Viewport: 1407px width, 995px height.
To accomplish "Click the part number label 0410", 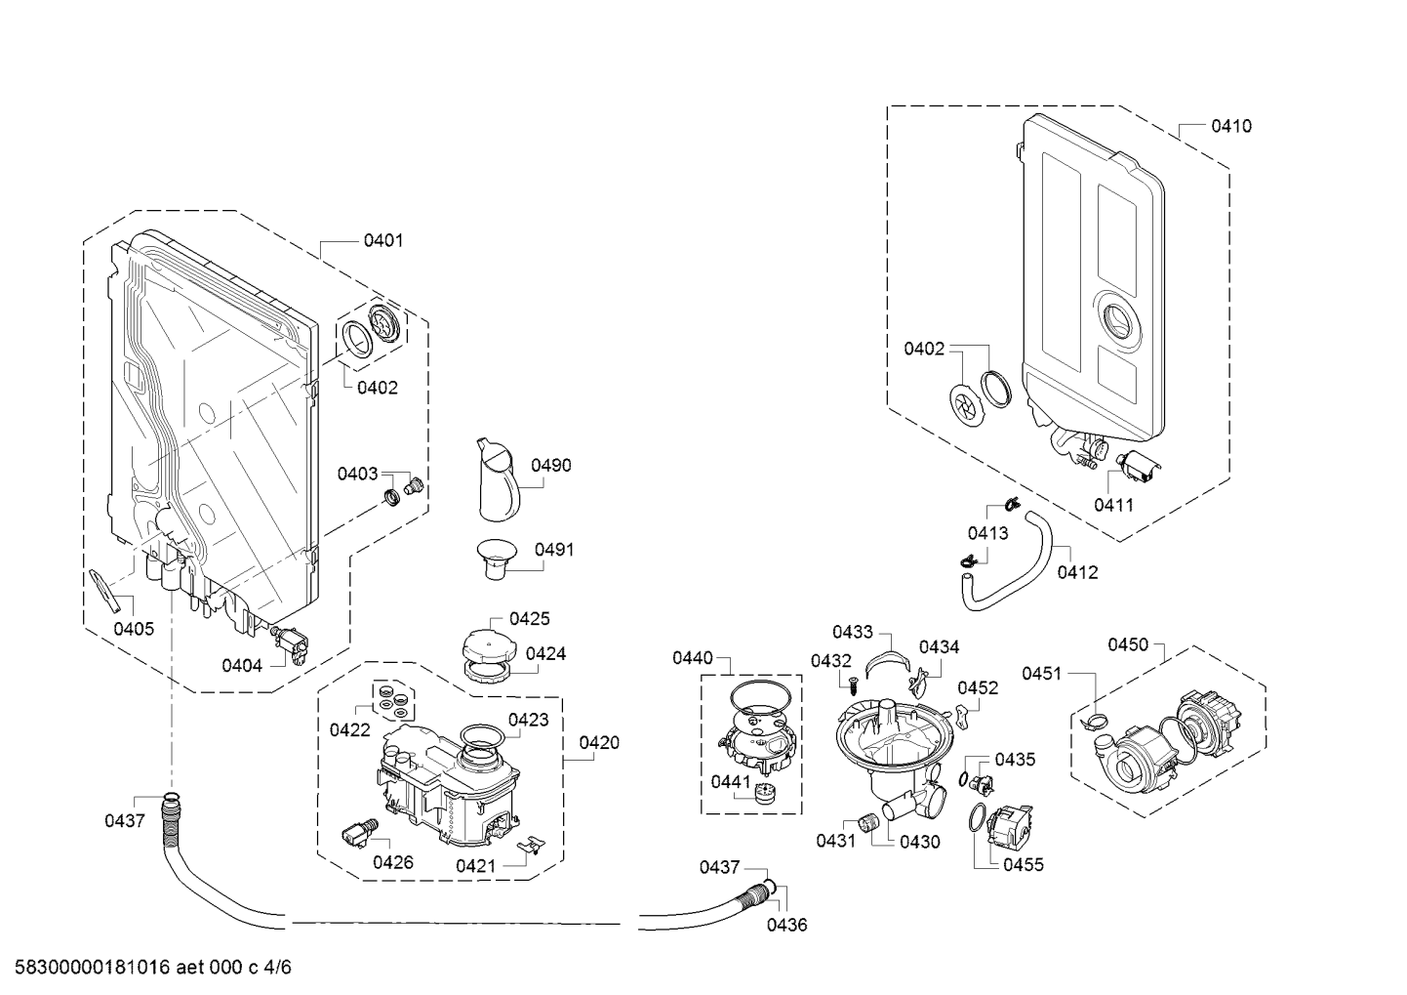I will coord(1231,126).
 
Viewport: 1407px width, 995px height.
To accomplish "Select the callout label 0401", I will coord(383,240).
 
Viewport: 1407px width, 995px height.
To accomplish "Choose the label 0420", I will coord(599,743).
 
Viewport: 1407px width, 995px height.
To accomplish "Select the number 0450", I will coord(1128,644).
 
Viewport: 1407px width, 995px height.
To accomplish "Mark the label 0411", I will coord(1113,505).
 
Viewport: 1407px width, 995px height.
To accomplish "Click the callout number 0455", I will coord(1023,864).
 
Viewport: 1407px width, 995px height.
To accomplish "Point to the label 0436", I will coord(786,925).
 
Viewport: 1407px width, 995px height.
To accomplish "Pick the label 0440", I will coord(692,658).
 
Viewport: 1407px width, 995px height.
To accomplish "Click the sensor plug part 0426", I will coord(356,832).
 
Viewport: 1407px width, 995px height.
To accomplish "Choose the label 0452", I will coord(978,687).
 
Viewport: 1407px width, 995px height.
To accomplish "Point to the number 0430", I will coord(919,842).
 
